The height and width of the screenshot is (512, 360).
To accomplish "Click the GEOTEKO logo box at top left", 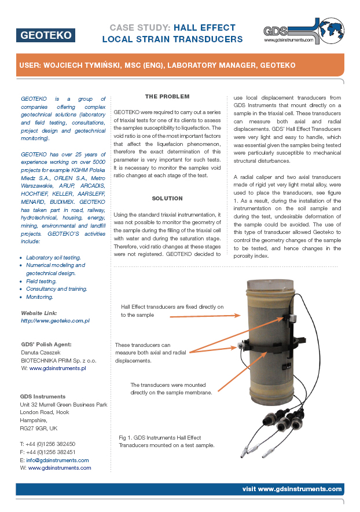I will point(46,35).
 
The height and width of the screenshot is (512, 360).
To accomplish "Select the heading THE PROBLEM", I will point(167,96).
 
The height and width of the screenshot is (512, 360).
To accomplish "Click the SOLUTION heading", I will point(167,198).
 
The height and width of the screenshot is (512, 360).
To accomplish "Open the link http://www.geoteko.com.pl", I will point(55,320).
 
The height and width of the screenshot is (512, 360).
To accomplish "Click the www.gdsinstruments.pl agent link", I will point(57,367).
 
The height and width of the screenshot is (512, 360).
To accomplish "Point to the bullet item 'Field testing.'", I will point(41,281).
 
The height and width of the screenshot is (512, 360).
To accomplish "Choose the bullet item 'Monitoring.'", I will point(39,297).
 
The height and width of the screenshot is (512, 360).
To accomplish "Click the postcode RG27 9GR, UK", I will point(39,428).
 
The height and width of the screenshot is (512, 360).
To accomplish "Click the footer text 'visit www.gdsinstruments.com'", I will point(292,489).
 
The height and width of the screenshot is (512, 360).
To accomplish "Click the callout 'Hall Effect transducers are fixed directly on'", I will point(172,306).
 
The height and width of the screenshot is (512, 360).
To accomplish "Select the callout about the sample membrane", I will point(171,388).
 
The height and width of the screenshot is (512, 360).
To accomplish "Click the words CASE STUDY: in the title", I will point(139,28).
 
